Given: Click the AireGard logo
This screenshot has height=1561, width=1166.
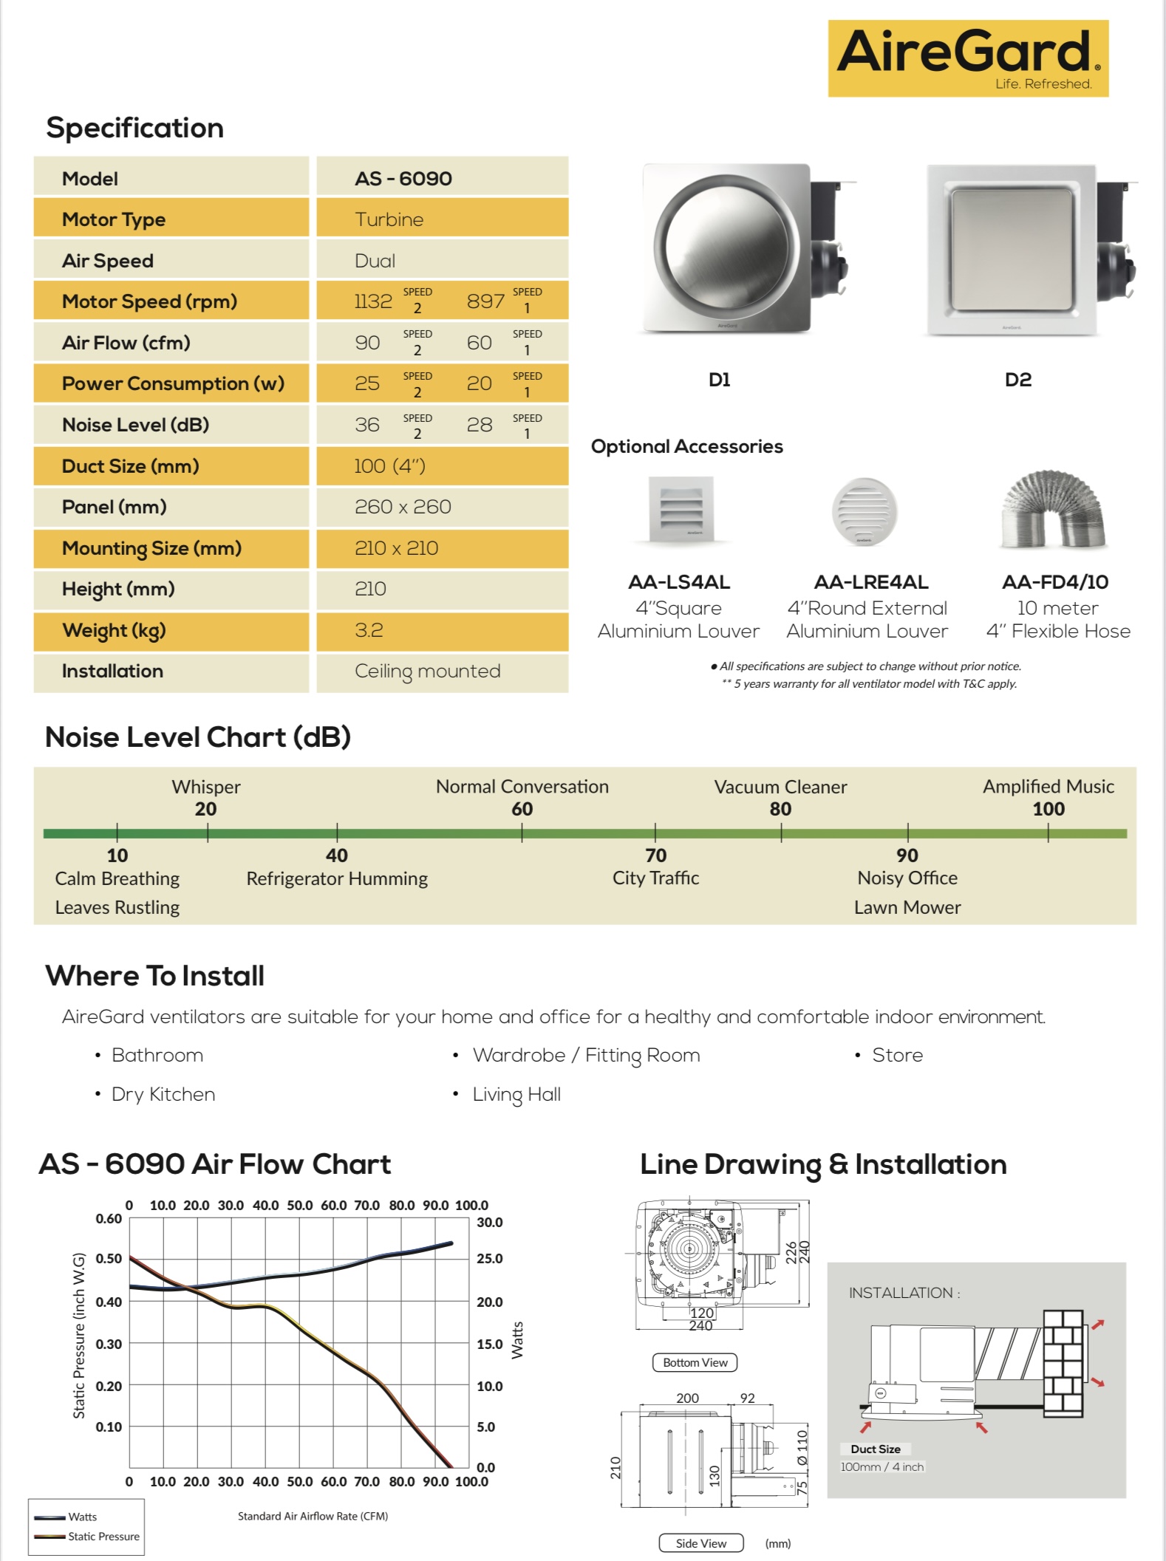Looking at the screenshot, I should [x=968, y=58].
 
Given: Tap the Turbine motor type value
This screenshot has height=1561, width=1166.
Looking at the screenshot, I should [x=389, y=219].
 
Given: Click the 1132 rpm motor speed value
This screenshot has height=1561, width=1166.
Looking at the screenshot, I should [x=373, y=301].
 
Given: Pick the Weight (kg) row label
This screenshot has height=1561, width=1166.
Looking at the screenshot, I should [x=114, y=630].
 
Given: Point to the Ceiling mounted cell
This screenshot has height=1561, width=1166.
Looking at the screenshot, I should [x=427, y=671].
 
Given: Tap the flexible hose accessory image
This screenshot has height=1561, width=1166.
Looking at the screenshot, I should [x=1054, y=510].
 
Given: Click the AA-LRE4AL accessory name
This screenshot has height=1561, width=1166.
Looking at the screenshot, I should [x=871, y=582].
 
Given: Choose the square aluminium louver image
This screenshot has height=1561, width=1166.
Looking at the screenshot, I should [x=681, y=509].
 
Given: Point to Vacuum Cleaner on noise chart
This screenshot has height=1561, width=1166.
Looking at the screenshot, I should [x=780, y=787].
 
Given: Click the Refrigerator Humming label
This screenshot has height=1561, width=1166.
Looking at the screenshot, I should [x=337, y=878].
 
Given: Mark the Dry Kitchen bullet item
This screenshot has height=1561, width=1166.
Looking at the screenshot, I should [x=163, y=1094].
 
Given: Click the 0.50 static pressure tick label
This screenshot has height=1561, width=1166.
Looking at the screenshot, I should [x=109, y=1258].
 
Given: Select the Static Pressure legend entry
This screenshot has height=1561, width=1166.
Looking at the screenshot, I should [x=103, y=1536].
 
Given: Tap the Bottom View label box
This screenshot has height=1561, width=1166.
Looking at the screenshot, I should [x=695, y=1362].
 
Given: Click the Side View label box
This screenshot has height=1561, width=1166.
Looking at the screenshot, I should [x=700, y=1543].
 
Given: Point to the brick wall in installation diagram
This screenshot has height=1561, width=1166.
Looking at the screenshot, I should [x=1063, y=1363].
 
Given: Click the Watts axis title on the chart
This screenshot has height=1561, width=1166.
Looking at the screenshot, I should [x=517, y=1340].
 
